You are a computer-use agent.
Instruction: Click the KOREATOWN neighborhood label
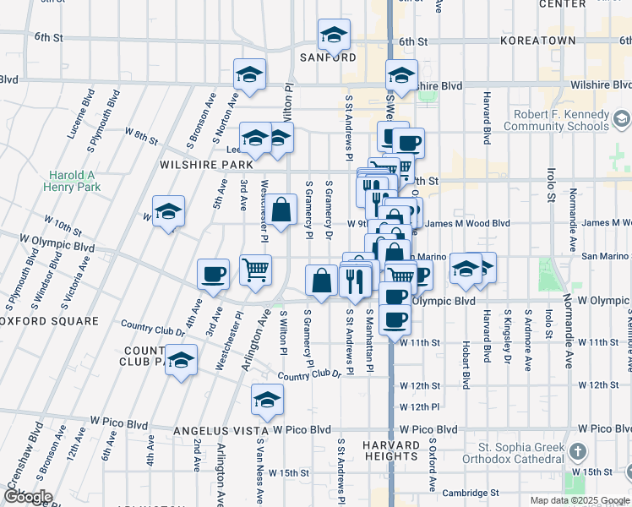point(537,41)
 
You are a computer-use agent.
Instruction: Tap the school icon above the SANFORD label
point(334,35)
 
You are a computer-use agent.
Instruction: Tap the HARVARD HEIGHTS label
point(391,451)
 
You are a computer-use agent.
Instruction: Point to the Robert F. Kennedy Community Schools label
point(568,121)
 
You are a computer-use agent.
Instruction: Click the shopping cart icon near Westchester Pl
point(255,270)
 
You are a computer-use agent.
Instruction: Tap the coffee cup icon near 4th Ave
point(213,274)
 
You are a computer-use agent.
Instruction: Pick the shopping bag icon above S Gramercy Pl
point(285,210)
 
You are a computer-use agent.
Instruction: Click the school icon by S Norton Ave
point(249,75)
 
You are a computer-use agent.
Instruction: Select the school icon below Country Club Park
point(180,362)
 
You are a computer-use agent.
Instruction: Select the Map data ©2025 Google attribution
point(578,500)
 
